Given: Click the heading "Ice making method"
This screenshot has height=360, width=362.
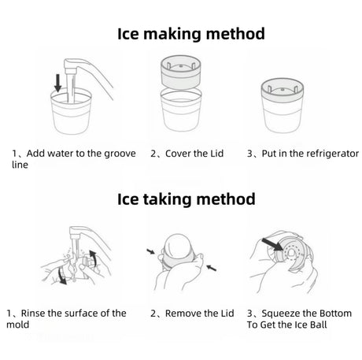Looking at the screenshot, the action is point(191,34).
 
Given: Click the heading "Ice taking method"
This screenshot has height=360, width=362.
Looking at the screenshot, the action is point(186,199).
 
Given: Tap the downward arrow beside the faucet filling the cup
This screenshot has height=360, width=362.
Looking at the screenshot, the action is point(57,83).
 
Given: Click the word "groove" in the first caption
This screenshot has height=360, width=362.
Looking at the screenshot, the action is point(120,154).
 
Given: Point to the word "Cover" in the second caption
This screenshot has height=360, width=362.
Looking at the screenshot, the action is point(178,154).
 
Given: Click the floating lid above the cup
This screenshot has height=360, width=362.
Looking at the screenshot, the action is point(181,72).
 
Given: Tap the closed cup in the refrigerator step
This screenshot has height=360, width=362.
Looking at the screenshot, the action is point(283,106).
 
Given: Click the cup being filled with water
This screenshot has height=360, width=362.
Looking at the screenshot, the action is point(71,111).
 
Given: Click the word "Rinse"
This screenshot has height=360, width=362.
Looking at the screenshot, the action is point(33,314).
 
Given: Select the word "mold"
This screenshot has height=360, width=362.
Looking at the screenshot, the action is point(18,325).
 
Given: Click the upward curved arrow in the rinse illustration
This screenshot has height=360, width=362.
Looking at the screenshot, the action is point(93,258).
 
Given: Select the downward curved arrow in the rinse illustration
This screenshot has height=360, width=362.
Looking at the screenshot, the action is point(62,276).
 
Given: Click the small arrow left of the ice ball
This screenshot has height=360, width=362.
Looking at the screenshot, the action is point(150,251).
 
